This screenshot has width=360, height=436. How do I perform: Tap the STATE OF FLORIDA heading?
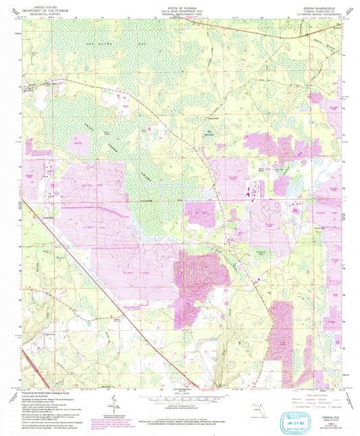[180, 6]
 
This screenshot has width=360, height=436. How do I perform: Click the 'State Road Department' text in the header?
[180, 9]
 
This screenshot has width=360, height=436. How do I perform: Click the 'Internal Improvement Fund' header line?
[180, 13]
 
